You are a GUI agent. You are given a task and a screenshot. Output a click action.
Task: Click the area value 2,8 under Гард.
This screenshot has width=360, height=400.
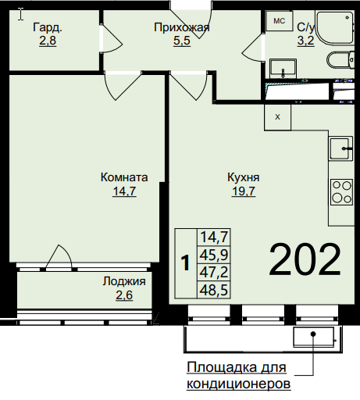pyautogui.click(x=48, y=41)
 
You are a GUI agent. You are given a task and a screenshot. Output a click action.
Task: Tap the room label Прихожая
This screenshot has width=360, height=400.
pyautogui.click(x=182, y=27)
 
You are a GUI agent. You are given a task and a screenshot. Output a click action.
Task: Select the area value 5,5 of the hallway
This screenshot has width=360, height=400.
pyautogui.click(x=182, y=41)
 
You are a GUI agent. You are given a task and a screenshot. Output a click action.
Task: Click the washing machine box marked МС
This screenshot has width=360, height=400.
pyautogui.click(x=280, y=21)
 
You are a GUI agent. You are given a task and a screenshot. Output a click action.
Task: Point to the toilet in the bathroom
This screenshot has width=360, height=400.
pyautogui.click(x=340, y=60)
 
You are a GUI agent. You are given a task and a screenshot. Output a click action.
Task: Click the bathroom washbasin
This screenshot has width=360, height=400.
pyautogui.click(x=283, y=68)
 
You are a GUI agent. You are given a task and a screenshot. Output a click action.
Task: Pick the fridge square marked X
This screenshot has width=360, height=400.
pyautogui.click(x=278, y=117)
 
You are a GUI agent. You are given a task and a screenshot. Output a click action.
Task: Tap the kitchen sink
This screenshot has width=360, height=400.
pyautogui.click(x=340, y=148)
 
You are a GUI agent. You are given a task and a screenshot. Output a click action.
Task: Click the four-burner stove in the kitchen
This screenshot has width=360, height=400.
pyautogui.click(x=342, y=192)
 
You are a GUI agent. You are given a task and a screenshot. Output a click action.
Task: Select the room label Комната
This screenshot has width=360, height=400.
pyautogui.click(x=124, y=177)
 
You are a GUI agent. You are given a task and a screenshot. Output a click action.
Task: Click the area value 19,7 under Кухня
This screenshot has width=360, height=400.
pyautogui.click(x=244, y=191)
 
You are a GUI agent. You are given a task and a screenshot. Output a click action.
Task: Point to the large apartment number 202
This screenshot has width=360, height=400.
pyautogui.click(x=305, y=259)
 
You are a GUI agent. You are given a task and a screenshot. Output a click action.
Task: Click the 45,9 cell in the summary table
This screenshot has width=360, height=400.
pyautogui.click(x=214, y=255)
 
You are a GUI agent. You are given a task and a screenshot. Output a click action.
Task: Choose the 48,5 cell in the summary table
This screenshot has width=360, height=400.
pyautogui.click(x=214, y=290)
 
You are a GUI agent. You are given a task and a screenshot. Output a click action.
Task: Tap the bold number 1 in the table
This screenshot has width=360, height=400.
pyautogui.click(x=185, y=263)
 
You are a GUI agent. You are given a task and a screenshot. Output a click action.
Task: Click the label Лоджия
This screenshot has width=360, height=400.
pyautogui.click(x=124, y=281)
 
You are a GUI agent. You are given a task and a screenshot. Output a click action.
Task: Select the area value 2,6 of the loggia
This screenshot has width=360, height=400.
pyautogui.click(x=124, y=295)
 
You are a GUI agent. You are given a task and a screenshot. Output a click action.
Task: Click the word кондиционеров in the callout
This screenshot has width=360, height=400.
pyautogui.click(x=238, y=384)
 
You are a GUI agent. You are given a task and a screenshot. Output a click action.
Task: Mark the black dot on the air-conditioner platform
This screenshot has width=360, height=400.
pyautogui.click(x=313, y=334)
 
